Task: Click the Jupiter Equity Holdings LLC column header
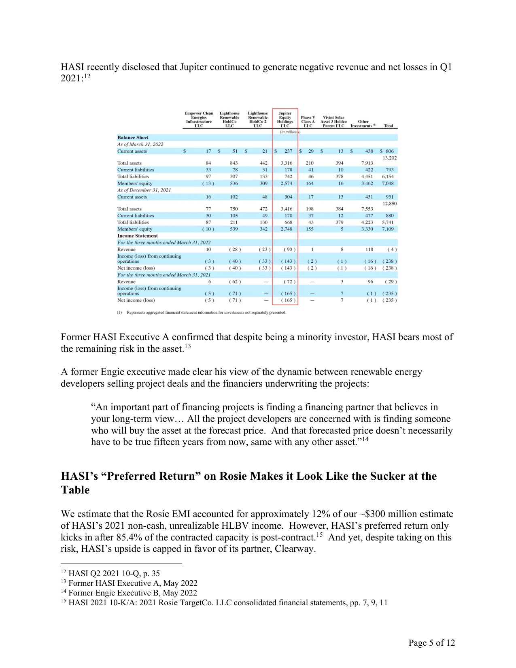(x=285, y=119)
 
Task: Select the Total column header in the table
(x=388, y=126)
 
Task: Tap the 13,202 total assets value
(x=389, y=158)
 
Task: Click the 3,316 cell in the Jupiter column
(x=286, y=163)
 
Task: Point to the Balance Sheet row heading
(x=133, y=138)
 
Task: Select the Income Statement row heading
(x=137, y=236)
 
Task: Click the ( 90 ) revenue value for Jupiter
(x=289, y=249)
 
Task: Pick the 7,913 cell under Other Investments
(x=367, y=163)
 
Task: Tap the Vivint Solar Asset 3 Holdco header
(x=333, y=121)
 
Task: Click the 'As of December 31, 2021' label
(x=144, y=190)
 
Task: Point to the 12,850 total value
(x=389, y=204)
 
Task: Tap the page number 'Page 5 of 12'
(x=431, y=642)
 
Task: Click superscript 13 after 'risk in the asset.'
(x=188, y=347)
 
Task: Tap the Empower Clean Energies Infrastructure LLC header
(x=199, y=119)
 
